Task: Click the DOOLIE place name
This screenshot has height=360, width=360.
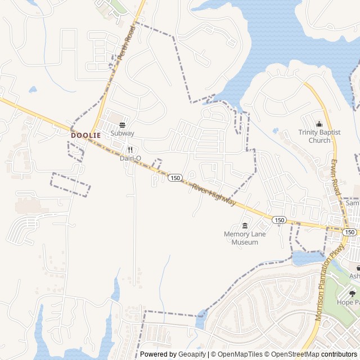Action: point(85,136)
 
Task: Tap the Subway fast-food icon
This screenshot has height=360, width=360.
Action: point(122,125)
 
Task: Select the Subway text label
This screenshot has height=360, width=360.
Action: point(122,133)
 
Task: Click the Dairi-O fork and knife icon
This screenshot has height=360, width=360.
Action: point(130,150)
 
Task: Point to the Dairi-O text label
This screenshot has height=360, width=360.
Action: point(130,158)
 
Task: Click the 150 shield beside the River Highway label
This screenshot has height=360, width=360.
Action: point(175,178)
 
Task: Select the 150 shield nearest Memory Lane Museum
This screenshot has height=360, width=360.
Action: point(279,219)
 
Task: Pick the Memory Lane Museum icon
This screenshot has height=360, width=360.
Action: point(244,226)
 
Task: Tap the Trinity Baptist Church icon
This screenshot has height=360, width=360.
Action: point(319,124)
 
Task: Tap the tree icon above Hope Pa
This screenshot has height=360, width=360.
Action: point(353,293)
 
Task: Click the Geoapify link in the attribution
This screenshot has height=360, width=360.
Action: point(192,354)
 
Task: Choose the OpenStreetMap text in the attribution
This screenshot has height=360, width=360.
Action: point(292,354)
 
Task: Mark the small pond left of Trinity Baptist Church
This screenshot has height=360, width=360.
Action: point(276,130)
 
